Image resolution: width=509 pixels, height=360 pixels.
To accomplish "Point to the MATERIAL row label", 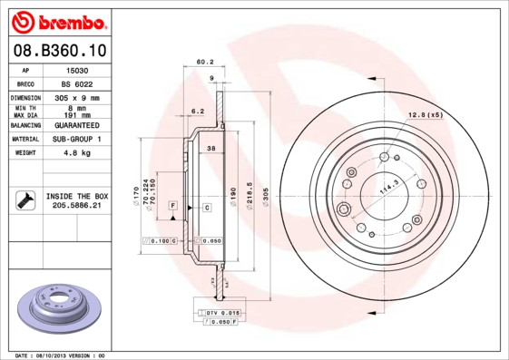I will click(x=24, y=139).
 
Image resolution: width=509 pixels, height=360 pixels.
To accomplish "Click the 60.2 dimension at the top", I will click(x=204, y=63).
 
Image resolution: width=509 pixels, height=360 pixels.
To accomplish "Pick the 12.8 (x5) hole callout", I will click(x=425, y=115).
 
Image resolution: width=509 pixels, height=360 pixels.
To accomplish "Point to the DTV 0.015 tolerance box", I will click(x=219, y=312).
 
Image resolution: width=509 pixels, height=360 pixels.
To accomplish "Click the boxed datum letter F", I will click(x=171, y=208).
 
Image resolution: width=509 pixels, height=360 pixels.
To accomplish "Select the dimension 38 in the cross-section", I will click(x=210, y=148).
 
